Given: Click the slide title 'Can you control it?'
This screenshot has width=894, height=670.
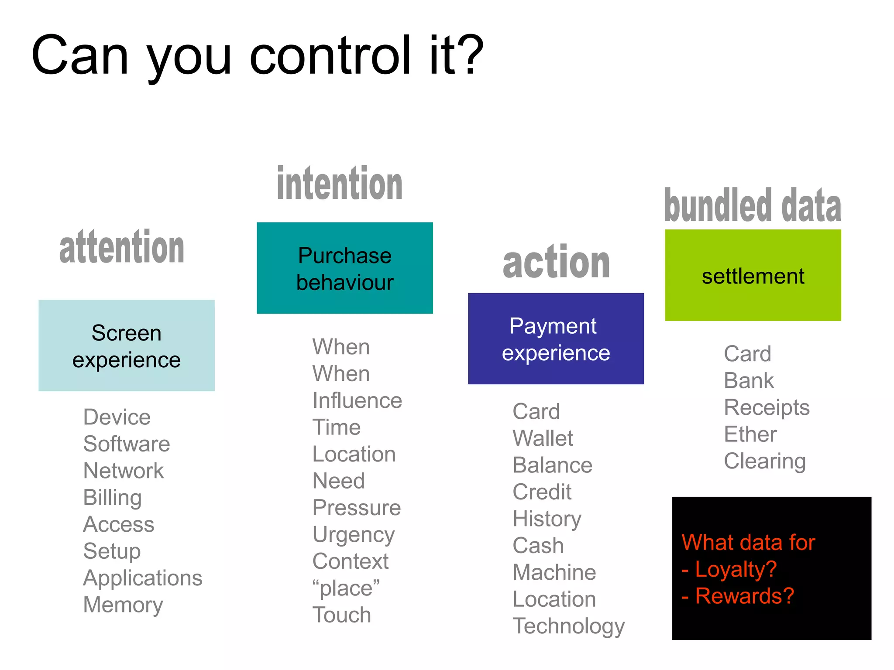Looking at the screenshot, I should coord(258,56).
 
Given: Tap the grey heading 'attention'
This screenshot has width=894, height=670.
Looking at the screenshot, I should coord(122,247).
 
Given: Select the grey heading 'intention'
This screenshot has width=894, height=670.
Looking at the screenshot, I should coord(340,184).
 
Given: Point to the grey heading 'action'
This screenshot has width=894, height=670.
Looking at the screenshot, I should coord(556,262).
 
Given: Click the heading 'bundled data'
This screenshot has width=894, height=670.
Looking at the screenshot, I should coord(753,205).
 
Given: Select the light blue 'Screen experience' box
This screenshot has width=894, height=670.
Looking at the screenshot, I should coord(127,345).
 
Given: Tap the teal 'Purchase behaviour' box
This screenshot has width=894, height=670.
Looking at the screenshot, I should coord(345,268).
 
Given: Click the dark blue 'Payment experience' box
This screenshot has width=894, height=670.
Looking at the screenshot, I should coord(556,338).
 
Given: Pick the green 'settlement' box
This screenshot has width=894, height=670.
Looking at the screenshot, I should coord(753,275).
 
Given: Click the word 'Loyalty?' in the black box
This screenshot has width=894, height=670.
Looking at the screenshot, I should coord(736,569).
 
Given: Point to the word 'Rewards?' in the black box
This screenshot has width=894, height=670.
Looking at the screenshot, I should coord(744,596).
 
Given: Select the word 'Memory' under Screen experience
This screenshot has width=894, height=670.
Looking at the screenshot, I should coord(123,605).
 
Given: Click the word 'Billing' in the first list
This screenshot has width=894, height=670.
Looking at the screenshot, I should coord(112,498).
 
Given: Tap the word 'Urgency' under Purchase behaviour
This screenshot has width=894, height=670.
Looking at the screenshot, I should coord(354,535).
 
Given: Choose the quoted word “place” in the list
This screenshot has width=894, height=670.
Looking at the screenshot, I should coord(346,588).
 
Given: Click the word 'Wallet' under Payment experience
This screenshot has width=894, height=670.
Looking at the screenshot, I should coord(543,438).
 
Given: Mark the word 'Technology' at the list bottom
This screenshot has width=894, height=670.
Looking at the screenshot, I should coord(568,626).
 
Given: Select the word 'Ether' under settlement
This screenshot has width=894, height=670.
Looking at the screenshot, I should coord(750,434).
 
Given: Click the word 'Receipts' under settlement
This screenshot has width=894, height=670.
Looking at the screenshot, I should coord(767,407).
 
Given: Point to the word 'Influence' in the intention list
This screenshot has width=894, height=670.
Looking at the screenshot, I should coord(357,400).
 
